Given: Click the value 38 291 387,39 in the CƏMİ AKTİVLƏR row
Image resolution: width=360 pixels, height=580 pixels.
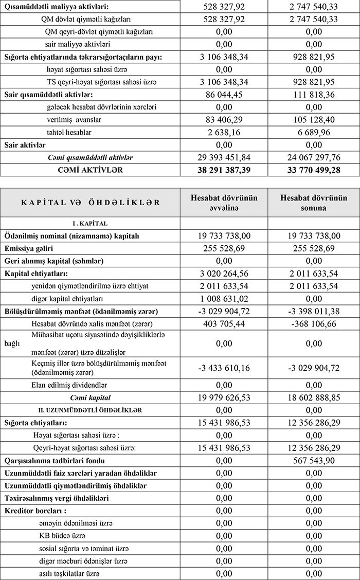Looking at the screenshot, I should (x=224, y=170).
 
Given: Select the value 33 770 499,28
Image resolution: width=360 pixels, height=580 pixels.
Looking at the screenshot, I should (x=314, y=170).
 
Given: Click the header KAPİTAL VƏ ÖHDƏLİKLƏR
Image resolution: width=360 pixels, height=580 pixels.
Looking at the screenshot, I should (x=91, y=203).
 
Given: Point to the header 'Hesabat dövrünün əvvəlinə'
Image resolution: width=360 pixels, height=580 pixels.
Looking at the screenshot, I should (x=224, y=203).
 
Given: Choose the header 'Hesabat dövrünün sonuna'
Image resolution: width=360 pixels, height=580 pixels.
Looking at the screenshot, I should (x=314, y=203).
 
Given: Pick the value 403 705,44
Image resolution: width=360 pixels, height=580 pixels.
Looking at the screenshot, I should (x=224, y=323).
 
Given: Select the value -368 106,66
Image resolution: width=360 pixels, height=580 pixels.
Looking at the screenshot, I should (x=314, y=323).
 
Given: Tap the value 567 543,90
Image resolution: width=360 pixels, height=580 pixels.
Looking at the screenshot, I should (x=314, y=461).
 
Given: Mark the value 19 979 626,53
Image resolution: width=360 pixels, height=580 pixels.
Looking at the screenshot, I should (x=224, y=397).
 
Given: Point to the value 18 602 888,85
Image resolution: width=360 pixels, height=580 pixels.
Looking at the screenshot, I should (x=314, y=397).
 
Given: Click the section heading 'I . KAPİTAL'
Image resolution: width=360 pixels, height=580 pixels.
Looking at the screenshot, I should (x=91, y=223).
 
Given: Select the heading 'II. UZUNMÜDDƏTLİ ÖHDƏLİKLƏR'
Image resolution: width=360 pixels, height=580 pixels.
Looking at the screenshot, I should (x=91, y=410).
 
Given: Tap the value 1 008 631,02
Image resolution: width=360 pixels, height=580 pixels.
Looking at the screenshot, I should (x=224, y=298).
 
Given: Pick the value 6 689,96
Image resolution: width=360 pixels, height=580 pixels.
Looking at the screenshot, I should (x=314, y=133).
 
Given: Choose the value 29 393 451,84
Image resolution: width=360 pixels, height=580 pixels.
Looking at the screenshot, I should (x=224, y=157).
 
